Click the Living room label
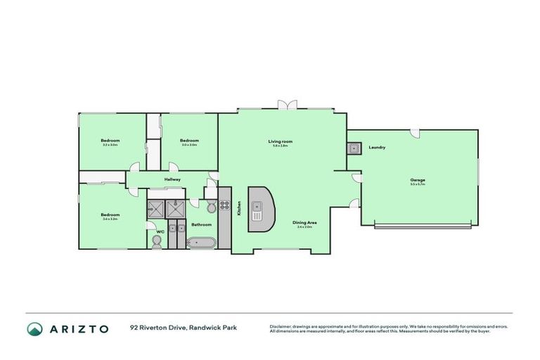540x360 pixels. tap(280, 141)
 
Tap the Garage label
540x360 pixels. tap(418, 180)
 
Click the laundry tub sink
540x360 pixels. tap(353, 148)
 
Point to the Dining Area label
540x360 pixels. tap(306, 222)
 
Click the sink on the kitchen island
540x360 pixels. tap(257, 207)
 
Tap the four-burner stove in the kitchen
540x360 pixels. tap(225, 206)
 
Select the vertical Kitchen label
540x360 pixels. tap(239, 208)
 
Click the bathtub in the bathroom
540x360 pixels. tap(202, 243)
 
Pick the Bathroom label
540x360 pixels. tap(202, 225)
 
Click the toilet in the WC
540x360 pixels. tap(157, 242)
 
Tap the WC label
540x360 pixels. tap(160, 231)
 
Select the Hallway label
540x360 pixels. tap(173, 179)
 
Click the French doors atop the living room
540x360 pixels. tap(286, 105)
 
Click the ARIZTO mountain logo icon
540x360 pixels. tap(34, 329)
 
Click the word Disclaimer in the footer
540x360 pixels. tap(281, 326)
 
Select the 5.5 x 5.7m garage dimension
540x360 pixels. tap(418, 185)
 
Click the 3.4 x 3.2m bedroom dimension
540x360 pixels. tap(110, 219)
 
